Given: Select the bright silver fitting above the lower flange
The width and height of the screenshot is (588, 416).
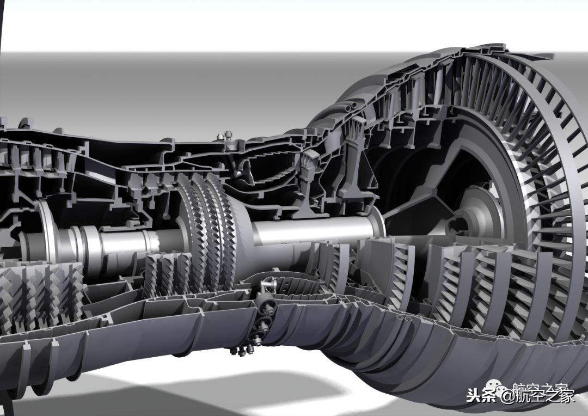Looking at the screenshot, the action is [x=268, y=286].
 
